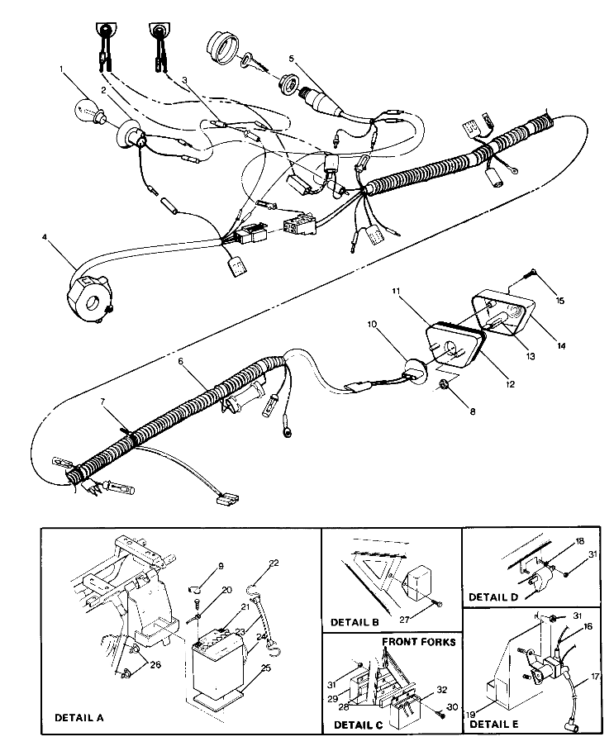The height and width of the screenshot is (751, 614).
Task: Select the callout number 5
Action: coord(292,59)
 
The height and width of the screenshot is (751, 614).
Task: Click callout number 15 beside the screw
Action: coord(559,302)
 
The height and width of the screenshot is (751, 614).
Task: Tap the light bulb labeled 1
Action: coord(89,108)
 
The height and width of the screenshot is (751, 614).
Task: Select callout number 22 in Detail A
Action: coord(275,563)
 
